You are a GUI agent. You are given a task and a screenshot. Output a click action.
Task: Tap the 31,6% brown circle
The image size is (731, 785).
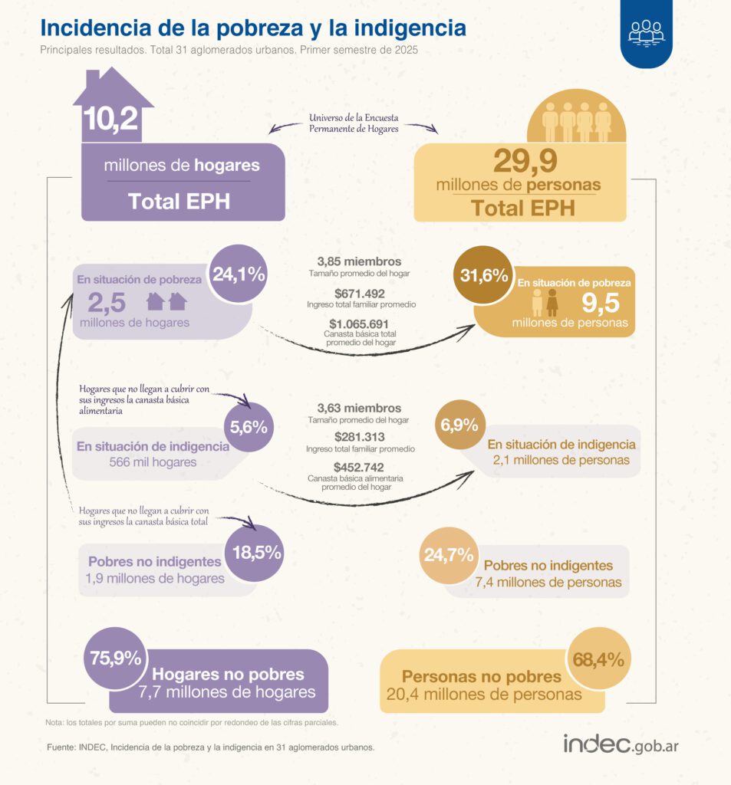pos(484,276)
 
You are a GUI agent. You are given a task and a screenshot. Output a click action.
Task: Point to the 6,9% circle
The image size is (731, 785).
pos(459,425)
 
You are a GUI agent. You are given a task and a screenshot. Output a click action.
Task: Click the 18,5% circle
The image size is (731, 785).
pos(256,551)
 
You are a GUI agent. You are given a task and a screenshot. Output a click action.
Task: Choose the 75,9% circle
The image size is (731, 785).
pos(116,658)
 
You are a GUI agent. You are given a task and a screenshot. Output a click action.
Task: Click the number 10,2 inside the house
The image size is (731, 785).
pos(111,120)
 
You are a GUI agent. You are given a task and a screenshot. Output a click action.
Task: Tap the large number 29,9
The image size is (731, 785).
pos(525,162)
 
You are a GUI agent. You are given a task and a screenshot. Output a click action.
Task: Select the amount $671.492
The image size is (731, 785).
pos(359,293)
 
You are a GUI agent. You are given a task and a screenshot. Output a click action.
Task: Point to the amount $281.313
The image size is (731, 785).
pos(359,437)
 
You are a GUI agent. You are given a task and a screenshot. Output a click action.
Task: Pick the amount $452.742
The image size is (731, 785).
pos(359,467)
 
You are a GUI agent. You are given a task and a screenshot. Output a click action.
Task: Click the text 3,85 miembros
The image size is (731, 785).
pos(359,262)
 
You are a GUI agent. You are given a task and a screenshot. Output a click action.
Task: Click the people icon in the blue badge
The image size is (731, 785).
pos(646,32)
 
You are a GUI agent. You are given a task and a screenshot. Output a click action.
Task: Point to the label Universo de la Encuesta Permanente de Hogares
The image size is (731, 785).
pos(354,123)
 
